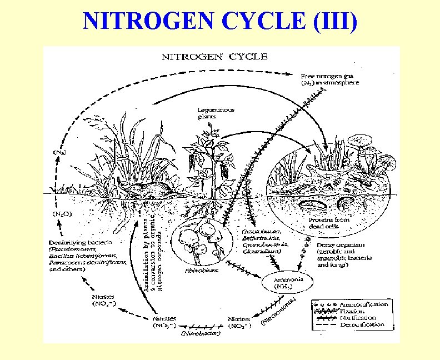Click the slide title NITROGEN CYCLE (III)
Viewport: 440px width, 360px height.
click(220, 21)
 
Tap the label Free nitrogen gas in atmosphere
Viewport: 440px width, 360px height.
click(329, 79)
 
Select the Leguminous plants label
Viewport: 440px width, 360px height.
click(216, 113)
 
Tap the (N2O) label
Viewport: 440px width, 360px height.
click(61, 213)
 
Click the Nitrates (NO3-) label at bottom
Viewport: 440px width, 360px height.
click(165, 322)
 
